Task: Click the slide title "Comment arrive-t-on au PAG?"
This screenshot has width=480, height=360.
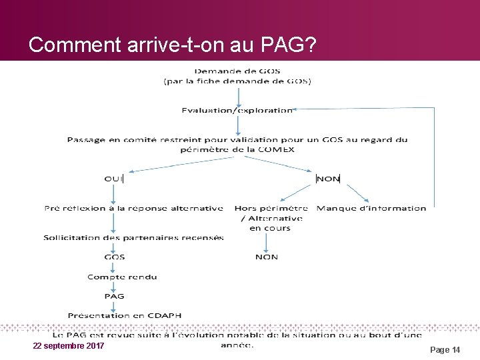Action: click(x=172, y=45)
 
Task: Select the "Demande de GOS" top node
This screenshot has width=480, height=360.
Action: click(x=237, y=71)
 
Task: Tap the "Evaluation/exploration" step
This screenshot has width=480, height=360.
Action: click(x=237, y=110)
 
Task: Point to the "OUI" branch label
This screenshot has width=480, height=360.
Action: click(x=113, y=178)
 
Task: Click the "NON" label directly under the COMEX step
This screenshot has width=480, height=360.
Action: click(x=328, y=178)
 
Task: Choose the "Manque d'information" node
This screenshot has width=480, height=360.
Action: click(x=371, y=208)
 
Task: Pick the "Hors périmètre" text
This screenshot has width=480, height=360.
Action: click(x=271, y=208)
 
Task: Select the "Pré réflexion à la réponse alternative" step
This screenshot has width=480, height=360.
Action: click(x=133, y=208)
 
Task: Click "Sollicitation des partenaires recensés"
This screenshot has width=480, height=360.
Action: click(x=133, y=237)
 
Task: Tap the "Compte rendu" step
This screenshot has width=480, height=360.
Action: click(x=122, y=277)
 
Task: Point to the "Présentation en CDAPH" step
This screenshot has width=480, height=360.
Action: click(x=124, y=315)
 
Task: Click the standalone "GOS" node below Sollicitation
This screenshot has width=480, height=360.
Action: click(x=114, y=257)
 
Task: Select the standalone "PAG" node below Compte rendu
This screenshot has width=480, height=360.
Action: click(x=114, y=295)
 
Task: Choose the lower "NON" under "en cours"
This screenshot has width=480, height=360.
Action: click(x=267, y=257)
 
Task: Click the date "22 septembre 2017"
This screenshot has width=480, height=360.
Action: click(x=68, y=346)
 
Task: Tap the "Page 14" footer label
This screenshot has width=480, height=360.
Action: click(x=445, y=349)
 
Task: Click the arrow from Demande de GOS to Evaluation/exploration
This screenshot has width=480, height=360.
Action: click(x=237, y=95)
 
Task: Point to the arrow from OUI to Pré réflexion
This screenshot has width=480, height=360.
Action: click(x=114, y=193)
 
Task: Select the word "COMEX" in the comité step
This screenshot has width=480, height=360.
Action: click(x=278, y=149)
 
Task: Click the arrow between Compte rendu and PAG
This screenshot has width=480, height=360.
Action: click(x=114, y=286)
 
